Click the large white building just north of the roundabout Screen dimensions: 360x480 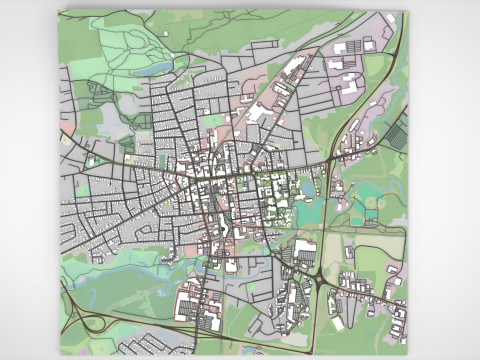coord(305,247)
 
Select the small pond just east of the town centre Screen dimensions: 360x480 coord(309,187)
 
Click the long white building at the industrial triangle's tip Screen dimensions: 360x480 coord(296,69)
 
